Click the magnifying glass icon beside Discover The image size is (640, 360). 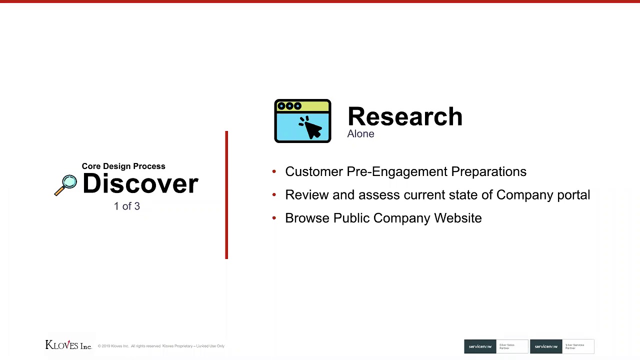tap(66, 184)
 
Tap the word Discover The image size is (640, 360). tap(140, 183)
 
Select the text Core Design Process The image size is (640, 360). tap(123, 166)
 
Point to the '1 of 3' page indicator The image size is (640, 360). tap(126, 206)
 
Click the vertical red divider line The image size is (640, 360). tap(226, 195)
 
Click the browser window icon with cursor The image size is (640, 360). tap(302, 121)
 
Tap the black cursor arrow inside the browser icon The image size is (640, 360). tap(311, 127)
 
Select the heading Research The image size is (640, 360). tap(404, 116)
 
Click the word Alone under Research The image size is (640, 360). tap(360, 134)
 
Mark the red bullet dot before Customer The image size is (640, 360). tap(274, 171)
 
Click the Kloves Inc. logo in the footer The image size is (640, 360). tap(68, 345)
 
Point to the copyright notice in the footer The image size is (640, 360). tap(161, 346)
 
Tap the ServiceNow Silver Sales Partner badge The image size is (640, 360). tap(495, 346)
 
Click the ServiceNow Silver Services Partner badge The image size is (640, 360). tap(561, 346)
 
